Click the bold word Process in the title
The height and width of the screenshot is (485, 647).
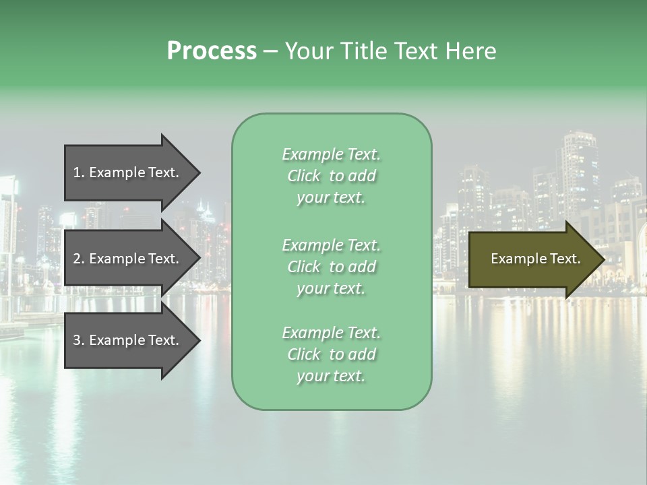[x=212, y=51]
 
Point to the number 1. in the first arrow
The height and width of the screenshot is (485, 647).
[x=79, y=172]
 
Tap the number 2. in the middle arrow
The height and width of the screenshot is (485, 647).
[x=79, y=259]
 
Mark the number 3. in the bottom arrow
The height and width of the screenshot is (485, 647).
[x=79, y=340]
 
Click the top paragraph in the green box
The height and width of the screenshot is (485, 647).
[x=332, y=176]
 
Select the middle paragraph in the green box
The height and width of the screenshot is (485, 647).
[x=332, y=267]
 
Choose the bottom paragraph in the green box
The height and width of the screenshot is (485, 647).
[x=332, y=354]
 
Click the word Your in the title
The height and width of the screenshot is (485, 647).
[x=308, y=51]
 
